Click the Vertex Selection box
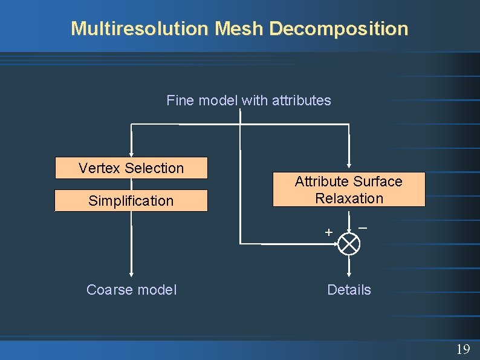pyautogui.click(x=131, y=168)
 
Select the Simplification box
pyautogui.click(x=131, y=201)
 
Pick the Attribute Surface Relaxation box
pyautogui.click(x=349, y=190)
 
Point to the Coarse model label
pyautogui.click(x=131, y=290)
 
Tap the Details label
pyautogui.click(x=349, y=290)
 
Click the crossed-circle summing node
pyautogui.click(x=349, y=244)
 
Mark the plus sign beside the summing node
pyautogui.click(x=328, y=232)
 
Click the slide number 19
pyautogui.click(x=462, y=349)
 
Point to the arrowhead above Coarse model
pyautogui.click(x=131, y=273)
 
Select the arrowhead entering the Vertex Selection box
pyautogui.click(x=131, y=154)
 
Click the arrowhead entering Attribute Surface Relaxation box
pyautogui.click(x=349, y=168)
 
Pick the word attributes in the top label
pyautogui.click(x=301, y=100)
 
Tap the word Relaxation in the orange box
pyautogui.click(x=349, y=198)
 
